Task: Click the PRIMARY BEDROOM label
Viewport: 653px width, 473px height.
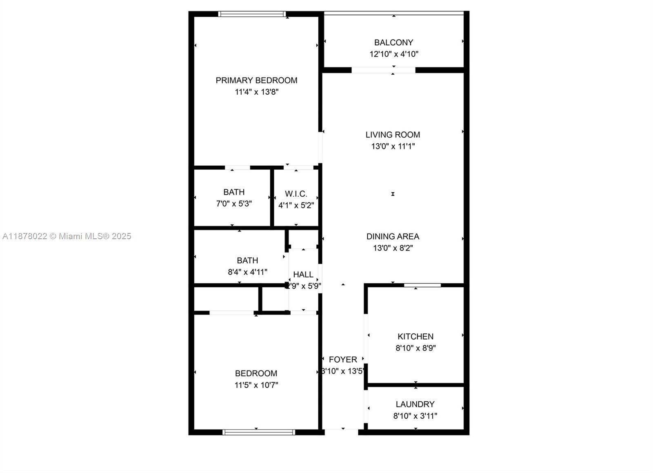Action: pyautogui.click(x=256, y=80)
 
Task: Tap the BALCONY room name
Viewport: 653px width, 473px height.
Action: pyautogui.click(x=393, y=42)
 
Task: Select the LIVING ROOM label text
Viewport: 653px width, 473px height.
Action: pyautogui.click(x=393, y=135)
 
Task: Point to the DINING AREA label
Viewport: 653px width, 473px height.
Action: pyautogui.click(x=393, y=236)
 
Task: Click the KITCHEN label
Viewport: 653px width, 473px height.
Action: pyautogui.click(x=415, y=337)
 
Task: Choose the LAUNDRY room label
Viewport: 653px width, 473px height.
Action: pyautogui.click(x=415, y=404)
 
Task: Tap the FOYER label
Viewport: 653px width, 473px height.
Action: pyautogui.click(x=343, y=360)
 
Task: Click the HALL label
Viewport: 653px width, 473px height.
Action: pyautogui.click(x=303, y=275)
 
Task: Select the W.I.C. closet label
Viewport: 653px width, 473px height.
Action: pyautogui.click(x=296, y=194)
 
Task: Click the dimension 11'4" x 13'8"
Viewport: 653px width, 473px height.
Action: pyautogui.click(x=256, y=92)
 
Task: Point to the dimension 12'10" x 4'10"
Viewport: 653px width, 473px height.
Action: pyautogui.click(x=394, y=54)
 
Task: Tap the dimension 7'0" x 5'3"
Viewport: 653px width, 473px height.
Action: pyautogui.click(x=234, y=204)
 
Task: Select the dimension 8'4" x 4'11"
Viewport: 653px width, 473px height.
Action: pyautogui.click(x=247, y=272)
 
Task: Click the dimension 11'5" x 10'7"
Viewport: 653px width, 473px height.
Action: pyautogui.click(x=256, y=385)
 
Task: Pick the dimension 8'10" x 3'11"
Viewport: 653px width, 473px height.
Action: pyautogui.click(x=415, y=416)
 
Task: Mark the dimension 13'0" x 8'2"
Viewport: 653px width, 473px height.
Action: pyautogui.click(x=393, y=248)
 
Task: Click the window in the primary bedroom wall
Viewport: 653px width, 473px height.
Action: pyautogui.click(x=252, y=14)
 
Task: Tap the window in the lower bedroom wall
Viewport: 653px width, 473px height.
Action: pyautogui.click(x=259, y=432)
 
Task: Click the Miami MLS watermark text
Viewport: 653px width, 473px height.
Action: pyautogui.click(x=67, y=236)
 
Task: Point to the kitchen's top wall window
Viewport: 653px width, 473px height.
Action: pyautogui.click(x=422, y=285)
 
